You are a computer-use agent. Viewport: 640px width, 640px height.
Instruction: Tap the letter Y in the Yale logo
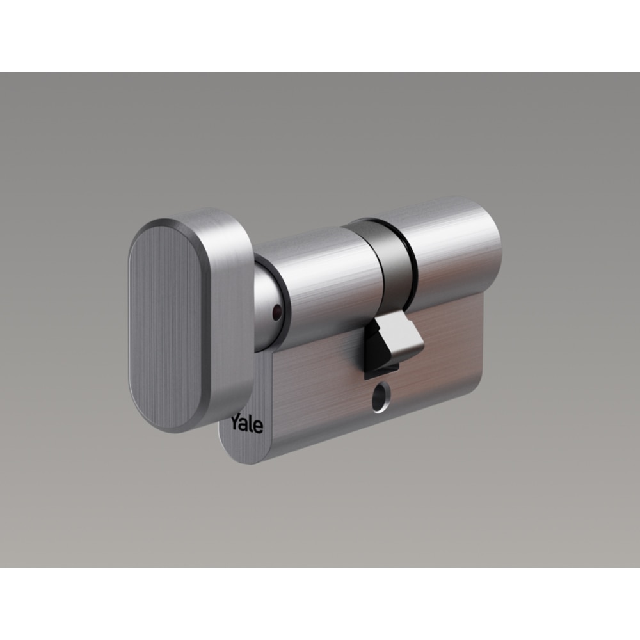pos(236,422)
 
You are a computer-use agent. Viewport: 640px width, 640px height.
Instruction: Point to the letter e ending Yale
pos(258,426)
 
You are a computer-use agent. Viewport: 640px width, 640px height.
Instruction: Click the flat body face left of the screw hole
pos(314,397)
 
